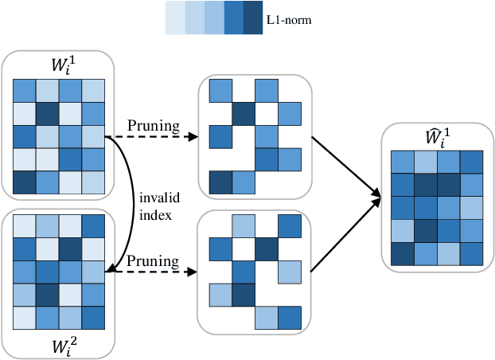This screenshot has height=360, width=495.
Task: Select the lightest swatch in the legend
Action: [175, 18]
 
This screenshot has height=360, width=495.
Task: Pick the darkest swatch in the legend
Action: [253, 18]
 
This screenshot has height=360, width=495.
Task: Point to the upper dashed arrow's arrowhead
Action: [193, 136]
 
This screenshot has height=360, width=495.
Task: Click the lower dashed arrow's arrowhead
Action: [193, 272]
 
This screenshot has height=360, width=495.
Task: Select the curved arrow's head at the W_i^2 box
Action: [113, 271]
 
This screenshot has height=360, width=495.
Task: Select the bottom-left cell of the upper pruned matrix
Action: [220, 182]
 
